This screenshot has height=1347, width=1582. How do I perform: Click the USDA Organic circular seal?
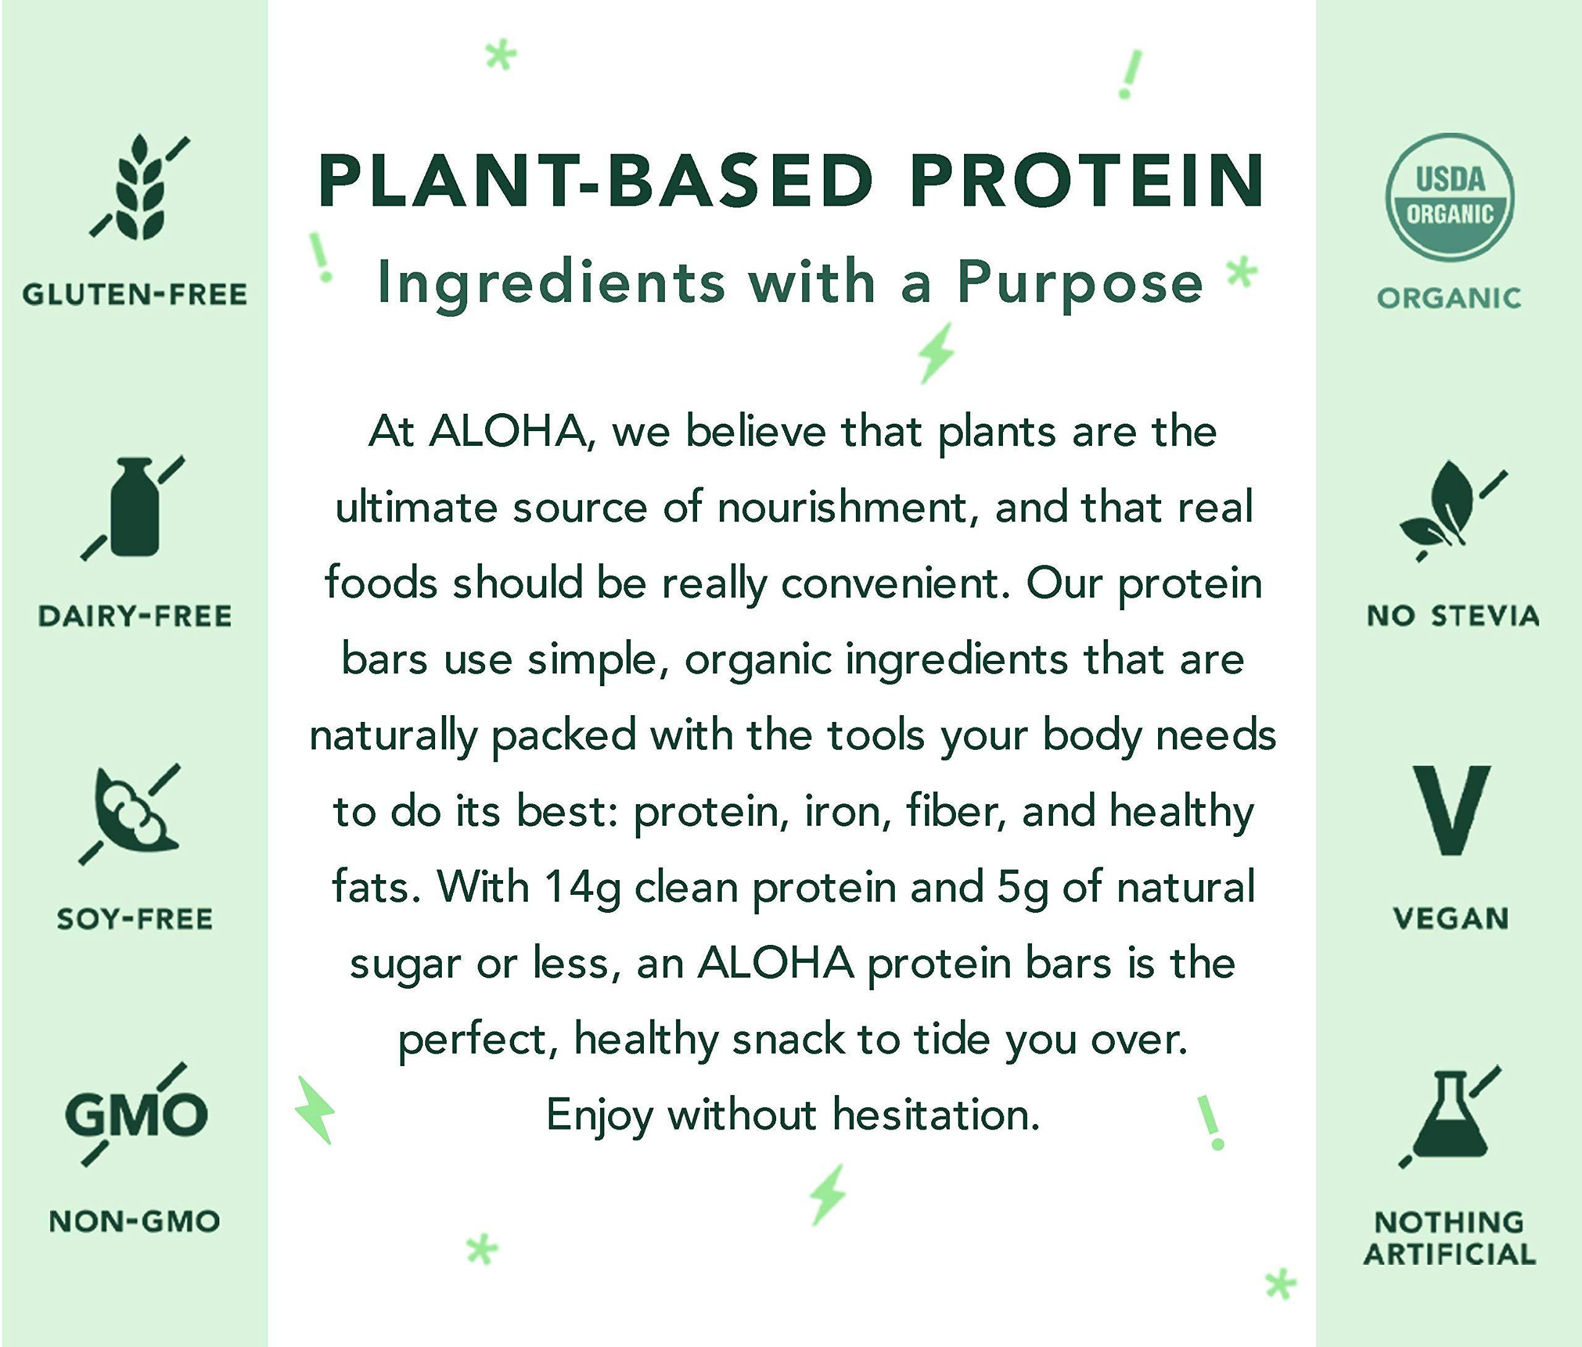(1449, 197)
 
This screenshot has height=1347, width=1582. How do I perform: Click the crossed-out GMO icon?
(136, 1114)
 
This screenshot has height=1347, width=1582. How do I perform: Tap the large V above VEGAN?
(1450, 810)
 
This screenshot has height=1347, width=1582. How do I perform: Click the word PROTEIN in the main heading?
(1086, 182)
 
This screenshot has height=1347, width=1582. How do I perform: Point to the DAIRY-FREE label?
(135, 616)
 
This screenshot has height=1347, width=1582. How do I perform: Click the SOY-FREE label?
(135, 919)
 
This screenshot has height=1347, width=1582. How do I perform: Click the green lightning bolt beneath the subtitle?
(936, 353)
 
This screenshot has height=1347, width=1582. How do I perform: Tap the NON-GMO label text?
(135, 1221)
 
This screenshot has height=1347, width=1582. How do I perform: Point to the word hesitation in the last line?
(936, 1114)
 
